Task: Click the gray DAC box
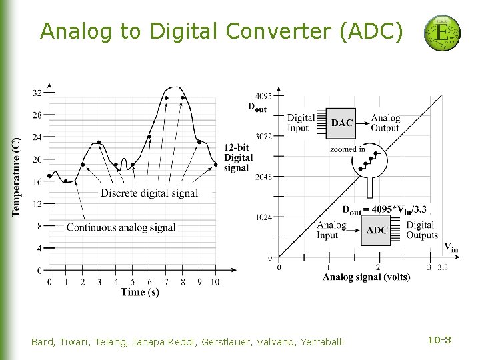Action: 341,123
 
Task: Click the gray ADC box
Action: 377,230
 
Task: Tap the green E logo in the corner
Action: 442,33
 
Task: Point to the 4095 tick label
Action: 263,95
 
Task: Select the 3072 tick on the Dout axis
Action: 263,136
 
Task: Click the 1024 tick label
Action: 263,217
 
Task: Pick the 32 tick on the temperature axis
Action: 37,92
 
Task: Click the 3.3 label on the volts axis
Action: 443,267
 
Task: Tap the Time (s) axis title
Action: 140,292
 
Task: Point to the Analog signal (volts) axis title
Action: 366,277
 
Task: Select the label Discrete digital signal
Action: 149,193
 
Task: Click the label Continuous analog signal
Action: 121,227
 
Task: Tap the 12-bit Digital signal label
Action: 238,157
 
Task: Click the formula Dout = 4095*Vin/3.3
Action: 384,209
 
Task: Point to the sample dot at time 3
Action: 99,142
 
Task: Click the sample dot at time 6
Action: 149,137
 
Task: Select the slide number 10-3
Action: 439,341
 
